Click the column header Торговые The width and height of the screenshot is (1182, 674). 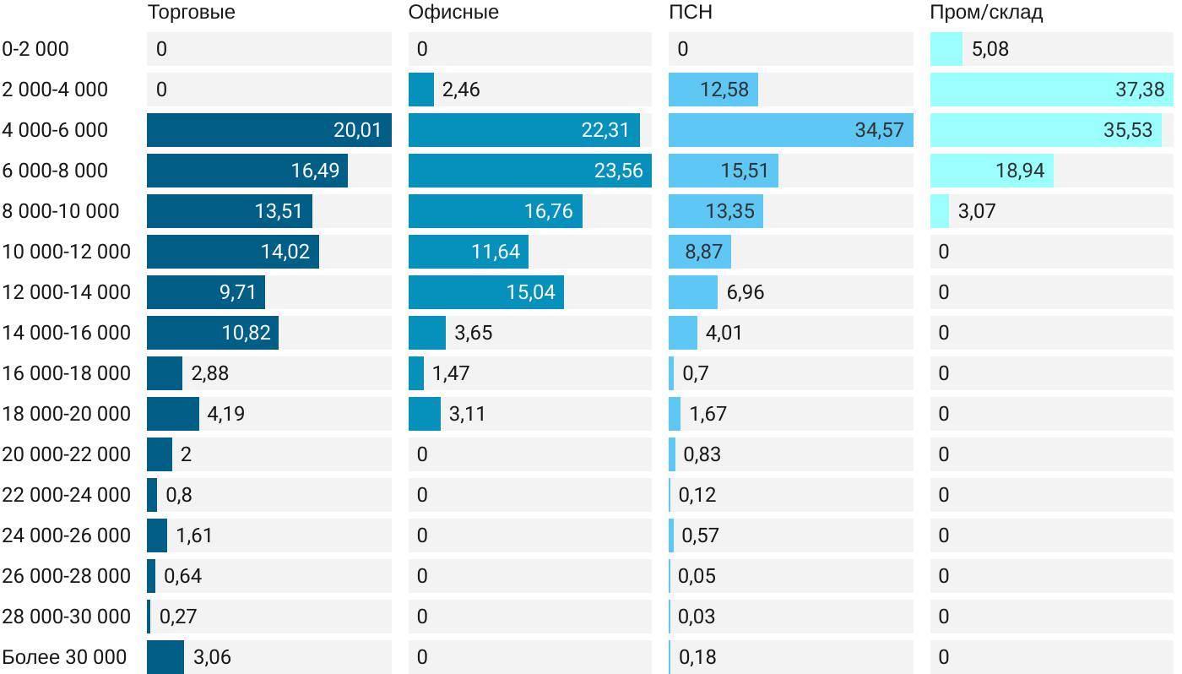(191, 13)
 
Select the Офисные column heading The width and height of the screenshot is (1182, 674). (453, 13)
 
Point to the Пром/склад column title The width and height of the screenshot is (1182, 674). (986, 13)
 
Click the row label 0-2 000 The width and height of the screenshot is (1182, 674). (35, 49)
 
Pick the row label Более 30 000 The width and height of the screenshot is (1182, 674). (64, 657)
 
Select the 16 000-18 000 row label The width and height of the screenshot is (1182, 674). (66, 373)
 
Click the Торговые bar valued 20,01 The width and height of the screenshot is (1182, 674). (268, 130)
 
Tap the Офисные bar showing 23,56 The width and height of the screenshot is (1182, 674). (529, 171)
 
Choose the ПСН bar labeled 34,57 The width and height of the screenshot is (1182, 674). (790, 130)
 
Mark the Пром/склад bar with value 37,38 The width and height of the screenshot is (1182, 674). (1051, 90)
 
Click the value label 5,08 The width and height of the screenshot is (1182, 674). (990, 49)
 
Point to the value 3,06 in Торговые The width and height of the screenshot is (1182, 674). (212, 657)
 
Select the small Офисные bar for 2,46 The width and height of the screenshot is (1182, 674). (420, 90)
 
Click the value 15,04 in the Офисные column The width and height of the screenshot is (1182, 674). (531, 292)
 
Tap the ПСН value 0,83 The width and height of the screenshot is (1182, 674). (702, 454)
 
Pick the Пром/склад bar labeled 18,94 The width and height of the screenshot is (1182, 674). (991, 171)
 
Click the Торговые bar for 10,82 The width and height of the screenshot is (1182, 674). (212, 333)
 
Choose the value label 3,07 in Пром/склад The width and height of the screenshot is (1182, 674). (977, 211)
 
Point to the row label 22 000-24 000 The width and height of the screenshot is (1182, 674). (66, 495)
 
